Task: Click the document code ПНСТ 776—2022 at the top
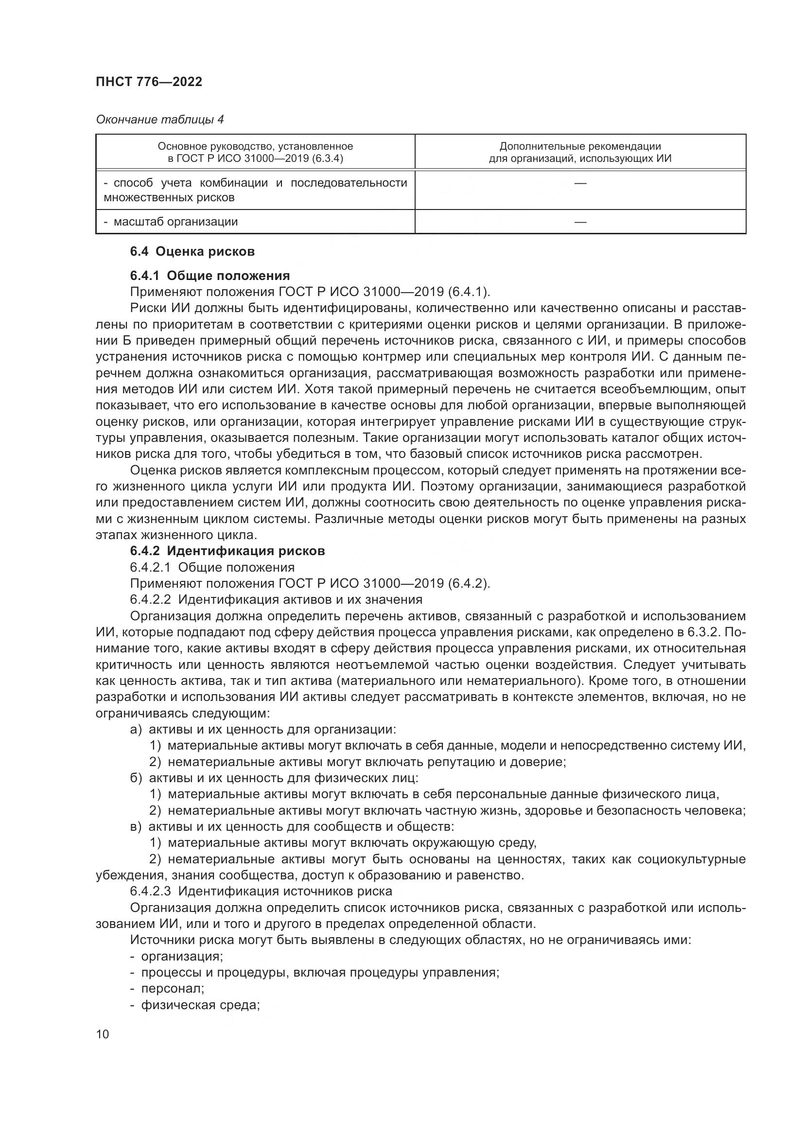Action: point(149,82)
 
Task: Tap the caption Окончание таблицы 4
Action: point(159,120)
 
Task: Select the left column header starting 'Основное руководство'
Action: point(255,152)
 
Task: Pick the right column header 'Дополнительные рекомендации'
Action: point(580,152)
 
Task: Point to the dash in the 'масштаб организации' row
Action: point(580,222)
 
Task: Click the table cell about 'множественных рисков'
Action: point(255,190)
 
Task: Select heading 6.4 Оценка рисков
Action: point(192,252)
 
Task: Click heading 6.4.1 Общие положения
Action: point(210,275)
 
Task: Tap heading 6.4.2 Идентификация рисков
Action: point(227,551)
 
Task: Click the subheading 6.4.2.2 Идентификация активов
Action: point(276,600)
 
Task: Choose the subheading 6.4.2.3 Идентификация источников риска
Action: point(261,892)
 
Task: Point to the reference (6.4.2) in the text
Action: point(468,583)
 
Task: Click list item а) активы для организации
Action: point(263,730)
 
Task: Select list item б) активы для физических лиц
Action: point(274,778)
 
